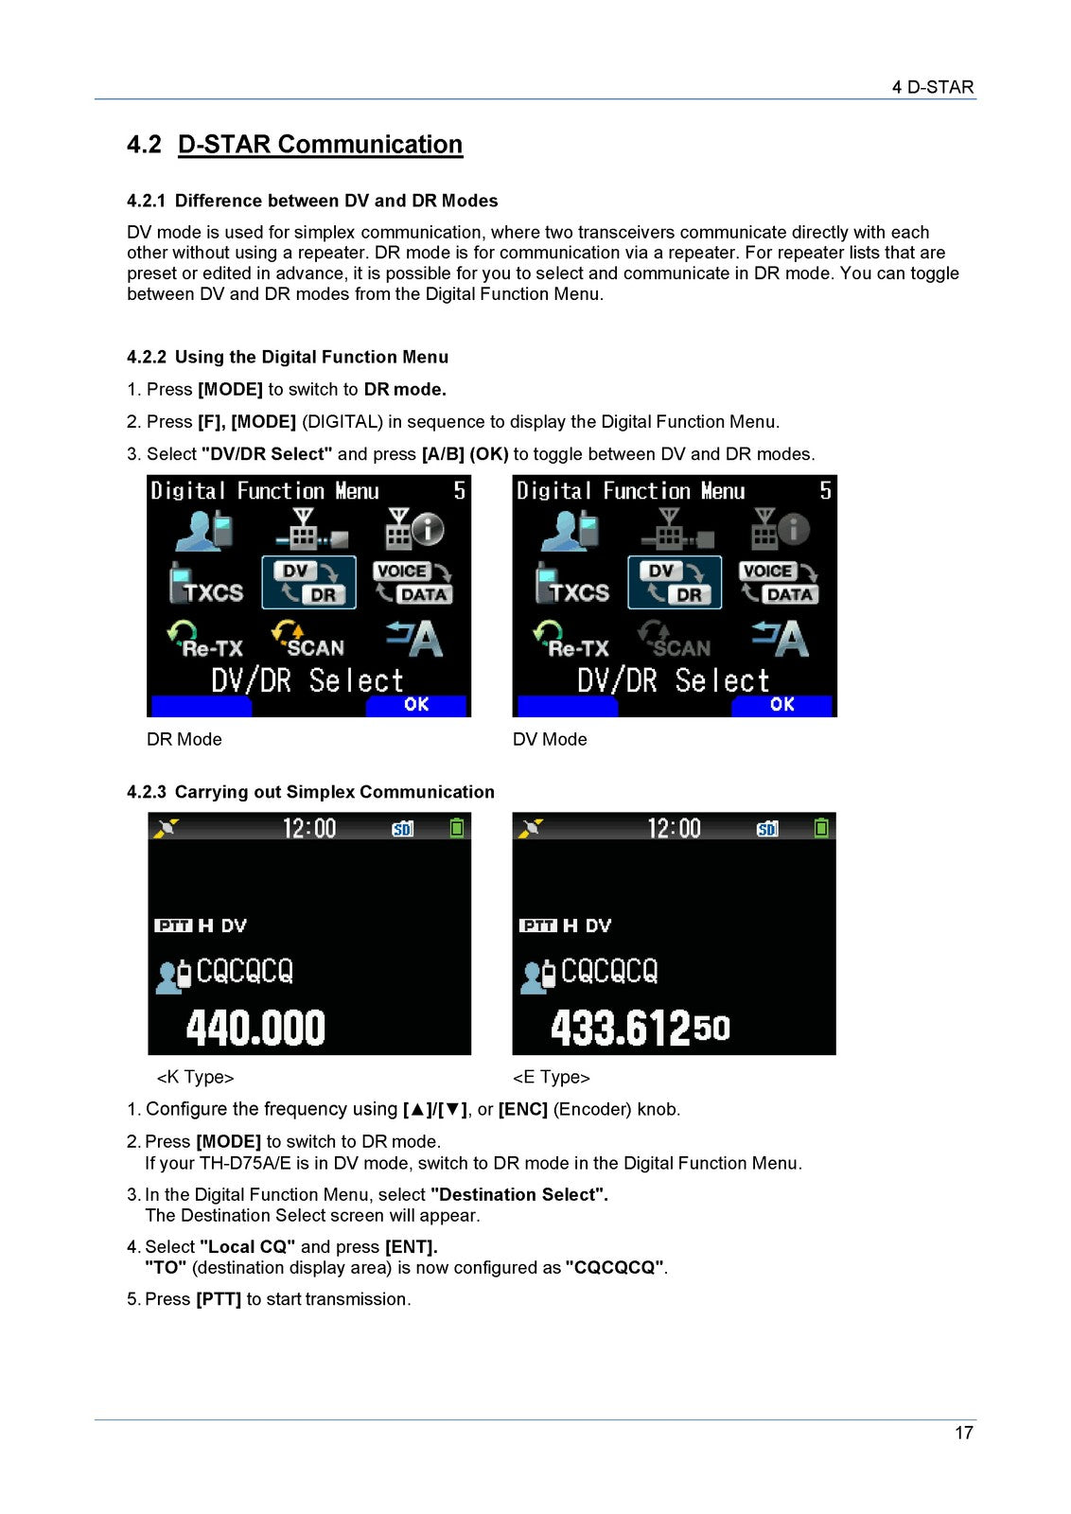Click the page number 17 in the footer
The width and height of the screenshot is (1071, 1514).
click(963, 1433)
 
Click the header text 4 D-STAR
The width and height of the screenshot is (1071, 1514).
click(932, 87)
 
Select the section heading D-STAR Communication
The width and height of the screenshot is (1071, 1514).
click(320, 145)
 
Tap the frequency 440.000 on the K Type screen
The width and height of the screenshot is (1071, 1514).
click(255, 1028)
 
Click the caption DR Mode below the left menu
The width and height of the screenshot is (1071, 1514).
click(184, 739)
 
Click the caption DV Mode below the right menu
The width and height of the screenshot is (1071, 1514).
click(550, 739)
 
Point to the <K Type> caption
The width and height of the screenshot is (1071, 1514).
click(195, 1077)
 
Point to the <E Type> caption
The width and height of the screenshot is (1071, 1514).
click(552, 1077)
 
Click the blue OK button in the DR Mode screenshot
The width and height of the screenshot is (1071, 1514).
click(416, 705)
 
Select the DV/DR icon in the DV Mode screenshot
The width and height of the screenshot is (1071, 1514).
click(675, 583)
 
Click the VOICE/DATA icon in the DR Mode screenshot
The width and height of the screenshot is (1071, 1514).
click(413, 583)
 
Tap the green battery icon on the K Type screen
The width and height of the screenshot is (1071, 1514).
click(457, 828)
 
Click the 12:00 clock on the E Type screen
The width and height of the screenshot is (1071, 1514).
click(674, 829)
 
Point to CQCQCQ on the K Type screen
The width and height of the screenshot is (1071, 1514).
click(244, 972)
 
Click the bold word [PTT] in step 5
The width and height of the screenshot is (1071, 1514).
click(219, 1299)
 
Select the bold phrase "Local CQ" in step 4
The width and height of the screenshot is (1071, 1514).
click(248, 1247)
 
